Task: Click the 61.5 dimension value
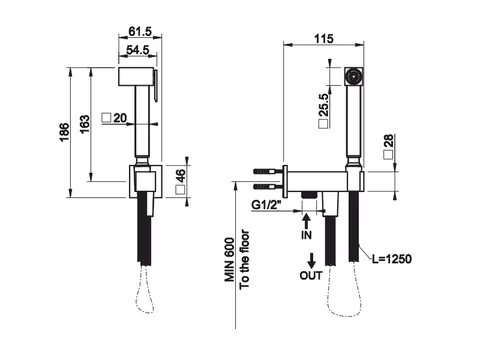pos(140,32)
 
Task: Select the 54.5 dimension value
pos(138,50)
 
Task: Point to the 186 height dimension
pos(65,132)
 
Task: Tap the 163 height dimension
pos(85,124)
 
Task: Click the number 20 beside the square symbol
pos(120,118)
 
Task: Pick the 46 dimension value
pos(180,176)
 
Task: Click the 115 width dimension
pos(324,39)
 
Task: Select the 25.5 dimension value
pos(324,105)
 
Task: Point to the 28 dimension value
pos(388,141)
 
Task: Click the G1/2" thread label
pos(266,205)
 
